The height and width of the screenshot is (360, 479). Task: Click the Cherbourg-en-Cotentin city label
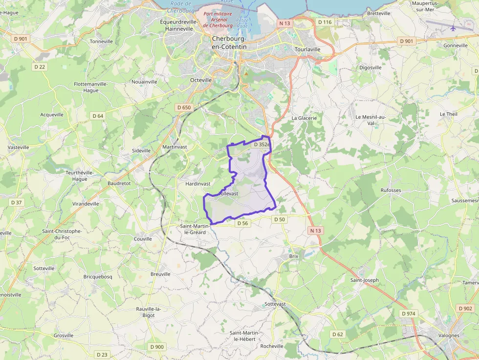[x=229, y=42]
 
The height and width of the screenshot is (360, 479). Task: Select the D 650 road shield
[x=184, y=107]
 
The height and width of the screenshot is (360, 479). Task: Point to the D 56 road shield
[x=242, y=223]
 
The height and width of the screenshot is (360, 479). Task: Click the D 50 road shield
[x=280, y=220]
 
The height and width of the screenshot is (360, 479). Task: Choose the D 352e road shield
[x=261, y=145]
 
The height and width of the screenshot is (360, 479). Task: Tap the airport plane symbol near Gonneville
[x=453, y=28]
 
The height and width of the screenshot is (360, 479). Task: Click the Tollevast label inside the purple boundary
[x=228, y=193]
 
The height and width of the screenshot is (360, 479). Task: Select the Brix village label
[x=293, y=256]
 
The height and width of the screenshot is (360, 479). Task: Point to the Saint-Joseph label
[x=365, y=280]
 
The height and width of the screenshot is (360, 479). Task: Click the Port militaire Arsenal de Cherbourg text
[x=218, y=20]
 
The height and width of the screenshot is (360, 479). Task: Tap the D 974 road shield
[x=408, y=313]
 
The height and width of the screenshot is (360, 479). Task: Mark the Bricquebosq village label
[x=98, y=276]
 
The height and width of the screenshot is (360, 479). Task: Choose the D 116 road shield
[x=325, y=22]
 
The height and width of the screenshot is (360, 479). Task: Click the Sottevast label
[x=275, y=304]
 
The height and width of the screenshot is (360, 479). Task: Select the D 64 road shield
[x=97, y=116]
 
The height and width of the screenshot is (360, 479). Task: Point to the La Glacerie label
[x=304, y=118]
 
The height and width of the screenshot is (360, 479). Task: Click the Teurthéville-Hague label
[x=77, y=176]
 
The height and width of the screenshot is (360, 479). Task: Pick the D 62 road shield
[x=338, y=334]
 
